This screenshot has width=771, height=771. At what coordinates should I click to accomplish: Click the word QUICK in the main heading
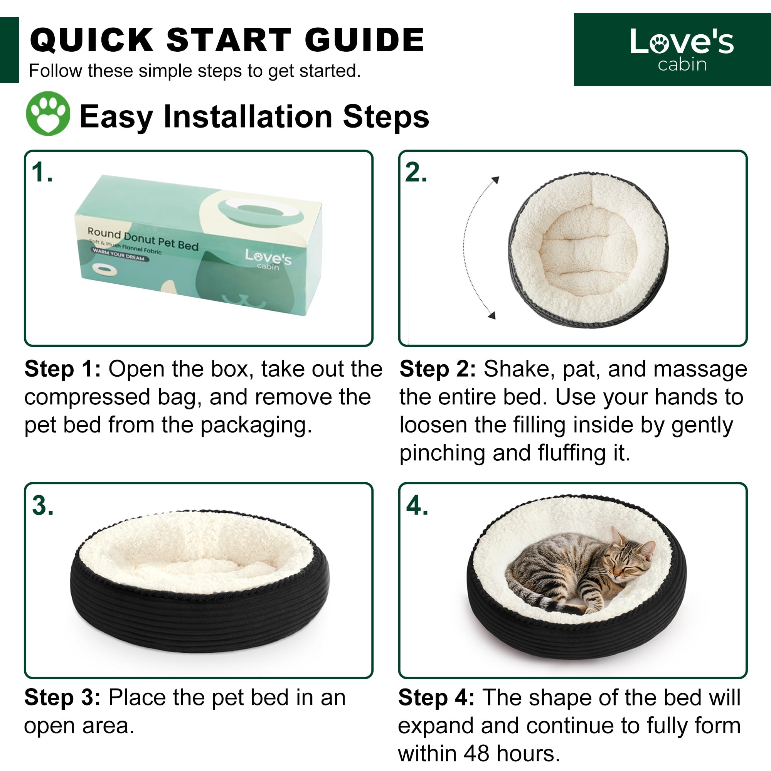[92, 40]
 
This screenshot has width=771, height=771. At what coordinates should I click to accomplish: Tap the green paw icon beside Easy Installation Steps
[48, 114]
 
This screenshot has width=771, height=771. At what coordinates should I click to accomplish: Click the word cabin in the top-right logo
[682, 64]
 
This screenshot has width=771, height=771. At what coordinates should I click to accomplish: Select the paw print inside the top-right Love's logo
[660, 44]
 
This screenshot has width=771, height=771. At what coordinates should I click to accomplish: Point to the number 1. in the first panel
[42, 172]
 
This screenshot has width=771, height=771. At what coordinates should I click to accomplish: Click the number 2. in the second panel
[416, 172]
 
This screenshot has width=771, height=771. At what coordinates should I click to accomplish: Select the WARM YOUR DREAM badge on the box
[120, 254]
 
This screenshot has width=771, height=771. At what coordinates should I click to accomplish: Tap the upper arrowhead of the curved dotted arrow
[495, 180]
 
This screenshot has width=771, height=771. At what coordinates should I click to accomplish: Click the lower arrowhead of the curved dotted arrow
[492, 315]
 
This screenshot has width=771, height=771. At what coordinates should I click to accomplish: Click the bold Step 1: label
[63, 369]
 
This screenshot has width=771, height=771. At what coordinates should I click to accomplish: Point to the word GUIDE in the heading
[364, 40]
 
